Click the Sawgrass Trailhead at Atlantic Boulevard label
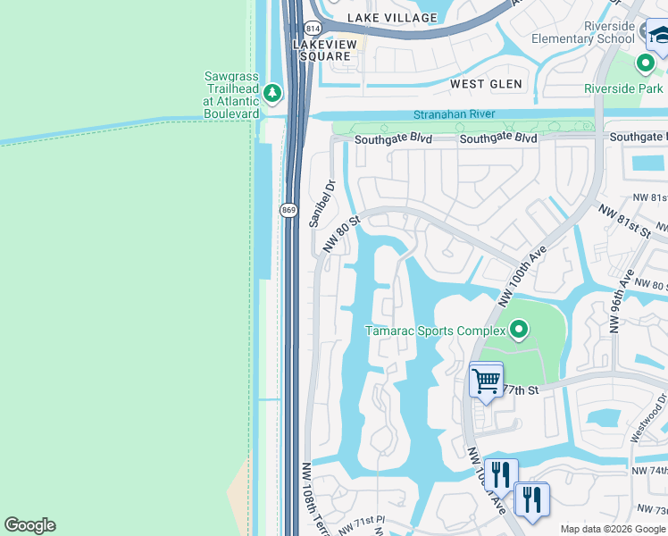[231, 94]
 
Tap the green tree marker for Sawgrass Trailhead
[272, 93]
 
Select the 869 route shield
[288, 210]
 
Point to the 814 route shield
[312, 29]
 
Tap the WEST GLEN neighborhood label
[480, 84]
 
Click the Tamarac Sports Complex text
[435, 331]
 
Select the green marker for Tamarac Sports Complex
[518, 331]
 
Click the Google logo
[29, 525]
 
